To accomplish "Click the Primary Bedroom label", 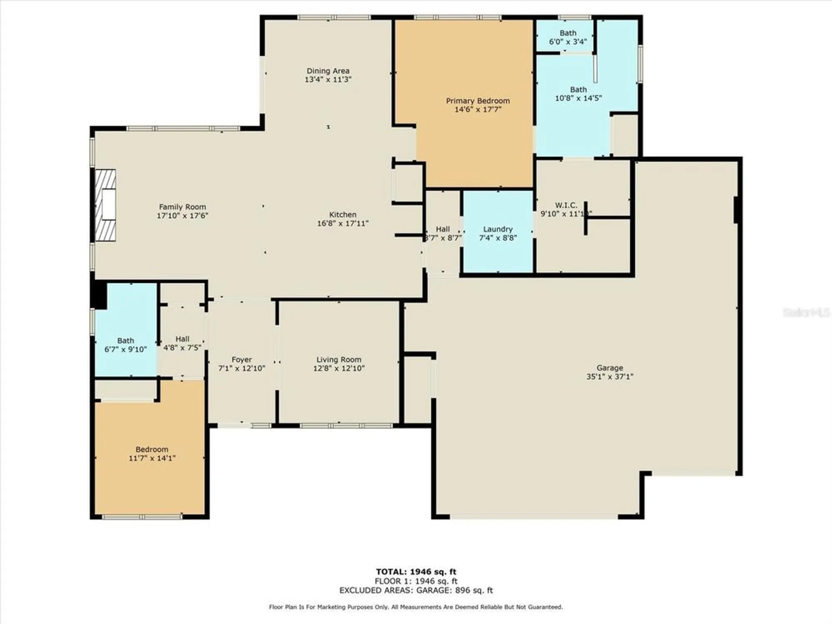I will (x=478, y=101).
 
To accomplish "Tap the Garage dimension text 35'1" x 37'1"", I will (x=609, y=376).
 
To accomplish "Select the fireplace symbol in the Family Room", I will (x=105, y=205).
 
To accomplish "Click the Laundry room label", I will (x=498, y=229).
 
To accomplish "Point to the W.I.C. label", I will (x=566, y=205).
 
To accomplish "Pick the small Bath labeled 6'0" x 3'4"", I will (x=567, y=37).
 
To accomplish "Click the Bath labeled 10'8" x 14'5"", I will (x=578, y=94).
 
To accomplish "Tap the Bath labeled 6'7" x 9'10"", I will (x=125, y=345).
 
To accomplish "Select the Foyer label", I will (x=241, y=359).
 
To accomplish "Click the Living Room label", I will (x=339, y=359).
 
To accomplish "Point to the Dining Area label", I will (x=328, y=71).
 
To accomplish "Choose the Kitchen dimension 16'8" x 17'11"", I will (x=342, y=223).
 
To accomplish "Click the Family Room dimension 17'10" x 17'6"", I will (x=182, y=215).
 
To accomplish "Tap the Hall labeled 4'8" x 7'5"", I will (x=182, y=343).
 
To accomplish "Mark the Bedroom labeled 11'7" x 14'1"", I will (x=152, y=453).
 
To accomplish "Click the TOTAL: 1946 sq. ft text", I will (x=416, y=572).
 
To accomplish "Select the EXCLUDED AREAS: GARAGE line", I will (x=416, y=590).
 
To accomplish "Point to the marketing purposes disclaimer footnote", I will (x=416, y=607).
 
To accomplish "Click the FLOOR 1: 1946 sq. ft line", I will (x=416, y=581).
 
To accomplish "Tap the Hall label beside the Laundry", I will (x=443, y=229).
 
